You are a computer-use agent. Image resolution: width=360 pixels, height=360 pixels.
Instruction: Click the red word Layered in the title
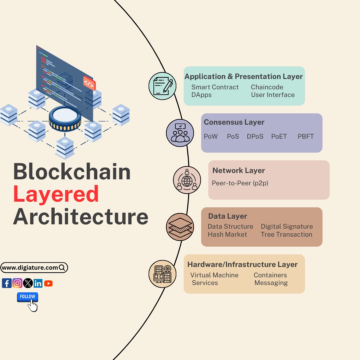pyautogui.click(x=56, y=195)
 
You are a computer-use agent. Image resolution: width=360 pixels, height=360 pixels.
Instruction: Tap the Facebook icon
pyautogui.click(x=7, y=283)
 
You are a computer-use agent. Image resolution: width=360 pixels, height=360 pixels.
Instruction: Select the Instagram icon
pyautogui.click(x=17, y=283)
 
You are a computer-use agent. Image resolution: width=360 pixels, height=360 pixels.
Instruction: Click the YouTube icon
pyautogui.click(x=48, y=283)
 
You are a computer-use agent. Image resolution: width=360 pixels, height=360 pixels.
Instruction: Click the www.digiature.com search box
pyautogui.click(x=34, y=267)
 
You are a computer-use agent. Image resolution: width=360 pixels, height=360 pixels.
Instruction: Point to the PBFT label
pyautogui.click(x=306, y=136)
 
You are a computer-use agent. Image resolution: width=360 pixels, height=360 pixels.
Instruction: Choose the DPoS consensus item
pyautogui.click(x=255, y=136)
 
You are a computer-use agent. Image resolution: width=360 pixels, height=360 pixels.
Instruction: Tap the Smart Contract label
pyautogui.click(x=215, y=87)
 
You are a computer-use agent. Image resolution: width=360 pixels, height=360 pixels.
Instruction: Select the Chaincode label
pyautogui.click(x=267, y=87)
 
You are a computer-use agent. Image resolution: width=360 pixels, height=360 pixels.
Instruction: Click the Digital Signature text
pyautogui.click(x=287, y=226)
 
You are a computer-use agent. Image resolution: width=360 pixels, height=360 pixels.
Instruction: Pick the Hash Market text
pyautogui.click(x=227, y=234)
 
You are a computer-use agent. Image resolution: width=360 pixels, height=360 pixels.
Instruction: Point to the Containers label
pyautogui.click(x=270, y=275)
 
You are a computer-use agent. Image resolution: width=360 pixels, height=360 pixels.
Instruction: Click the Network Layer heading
pyautogui.click(x=239, y=170)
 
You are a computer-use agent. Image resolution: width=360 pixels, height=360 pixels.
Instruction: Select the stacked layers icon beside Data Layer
pyautogui.click(x=180, y=227)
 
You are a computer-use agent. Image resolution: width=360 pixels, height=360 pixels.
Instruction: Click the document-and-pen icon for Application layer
pyautogui.click(x=163, y=86)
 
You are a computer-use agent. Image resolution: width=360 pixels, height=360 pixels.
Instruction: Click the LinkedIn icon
pyautogui.click(x=38, y=283)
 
